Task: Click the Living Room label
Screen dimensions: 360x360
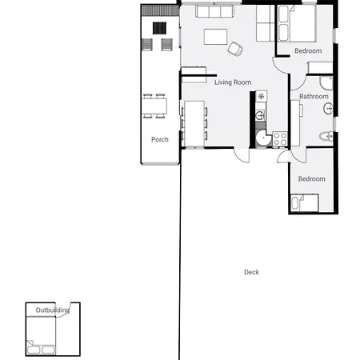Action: pyautogui.click(x=233, y=82)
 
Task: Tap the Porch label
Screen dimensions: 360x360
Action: pyautogui.click(x=160, y=139)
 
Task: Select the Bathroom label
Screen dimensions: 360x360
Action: pyautogui.click(x=314, y=96)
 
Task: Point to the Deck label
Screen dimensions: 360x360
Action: pyautogui.click(x=251, y=272)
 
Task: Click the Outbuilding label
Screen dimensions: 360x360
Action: pyautogui.click(x=53, y=310)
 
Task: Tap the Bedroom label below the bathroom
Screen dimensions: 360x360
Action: pyautogui.click(x=311, y=179)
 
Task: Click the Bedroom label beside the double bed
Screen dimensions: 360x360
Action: pyautogui.click(x=308, y=50)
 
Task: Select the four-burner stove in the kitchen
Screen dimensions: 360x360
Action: pyautogui.click(x=280, y=138)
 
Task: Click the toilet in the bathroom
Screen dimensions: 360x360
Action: pyautogui.click(x=326, y=137)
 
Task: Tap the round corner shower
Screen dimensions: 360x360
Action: pyautogui.click(x=263, y=138)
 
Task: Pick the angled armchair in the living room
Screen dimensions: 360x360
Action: pyautogui.click(x=235, y=49)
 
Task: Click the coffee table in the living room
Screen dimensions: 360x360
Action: pyautogui.click(x=215, y=37)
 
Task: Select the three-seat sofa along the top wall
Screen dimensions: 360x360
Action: pyautogui.click(x=215, y=11)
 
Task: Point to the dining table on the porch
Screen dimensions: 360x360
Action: pyautogui.click(x=154, y=106)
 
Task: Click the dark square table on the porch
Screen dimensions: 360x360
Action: pyautogui.click(x=159, y=28)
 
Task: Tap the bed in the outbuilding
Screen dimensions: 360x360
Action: pyautogui.click(x=41, y=336)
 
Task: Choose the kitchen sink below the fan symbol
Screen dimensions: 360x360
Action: pyautogui.click(x=260, y=115)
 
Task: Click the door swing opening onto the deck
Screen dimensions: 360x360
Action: pyautogui.click(x=242, y=154)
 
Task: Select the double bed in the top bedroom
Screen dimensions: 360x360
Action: pyautogui.click(x=297, y=23)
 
